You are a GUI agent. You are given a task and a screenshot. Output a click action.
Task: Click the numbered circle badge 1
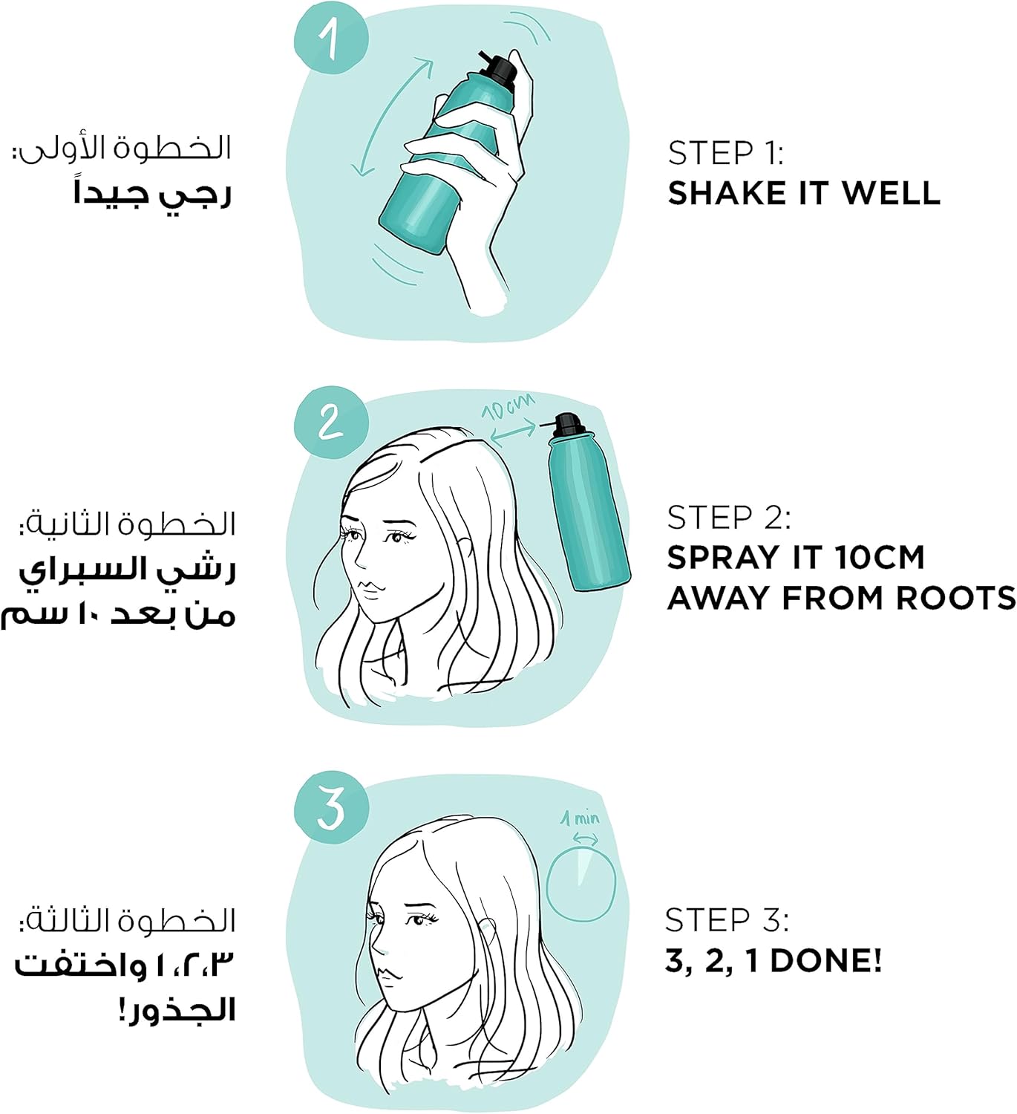[331, 37]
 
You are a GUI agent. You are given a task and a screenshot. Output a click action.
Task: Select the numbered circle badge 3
[331, 808]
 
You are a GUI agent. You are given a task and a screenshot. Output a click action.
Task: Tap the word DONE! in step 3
[826, 961]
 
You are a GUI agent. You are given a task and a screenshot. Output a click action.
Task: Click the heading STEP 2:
[729, 518]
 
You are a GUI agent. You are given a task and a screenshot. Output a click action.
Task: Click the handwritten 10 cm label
[508, 407]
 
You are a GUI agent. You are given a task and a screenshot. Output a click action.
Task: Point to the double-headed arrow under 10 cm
[514, 434]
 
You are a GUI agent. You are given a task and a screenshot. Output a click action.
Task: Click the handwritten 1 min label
[580, 818]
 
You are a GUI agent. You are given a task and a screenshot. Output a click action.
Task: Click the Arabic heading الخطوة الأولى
[122, 149]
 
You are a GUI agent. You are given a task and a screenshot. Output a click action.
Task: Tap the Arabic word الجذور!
[177, 1009]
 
